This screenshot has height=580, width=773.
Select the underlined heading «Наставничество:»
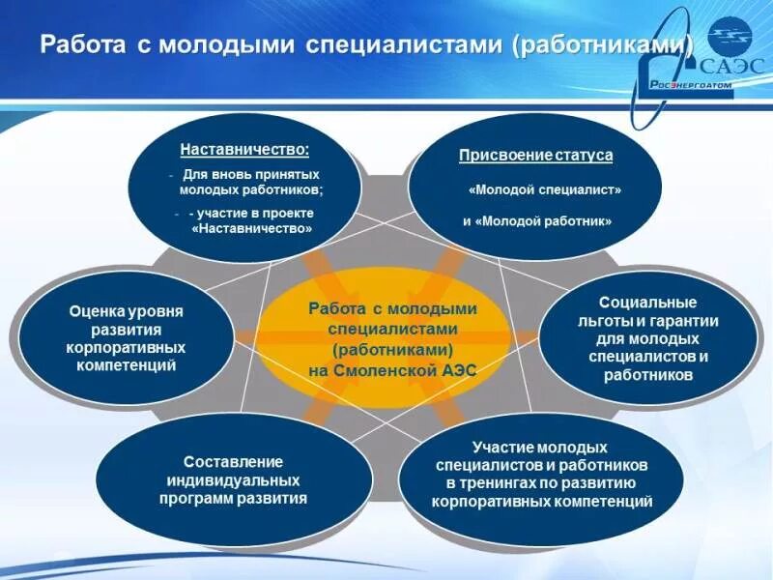(x=244, y=151)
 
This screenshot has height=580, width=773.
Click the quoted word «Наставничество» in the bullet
(x=252, y=229)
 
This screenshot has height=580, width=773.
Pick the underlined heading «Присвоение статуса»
(x=535, y=155)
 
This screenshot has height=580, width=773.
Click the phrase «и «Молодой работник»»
(x=536, y=220)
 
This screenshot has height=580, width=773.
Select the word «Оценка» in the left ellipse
(x=94, y=311)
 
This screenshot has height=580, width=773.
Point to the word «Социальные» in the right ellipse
(x=641, y=303)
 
